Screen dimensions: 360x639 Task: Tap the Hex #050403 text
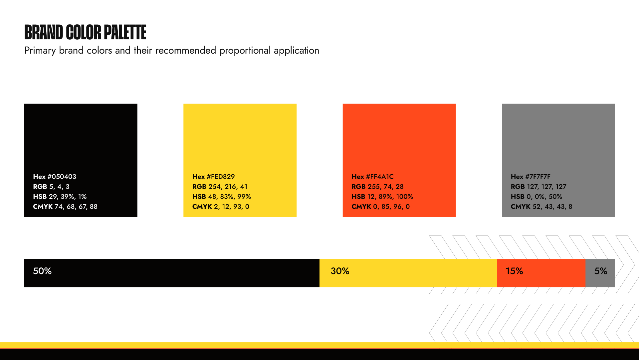click(55, 177)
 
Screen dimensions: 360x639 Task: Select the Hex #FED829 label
click(213, 177)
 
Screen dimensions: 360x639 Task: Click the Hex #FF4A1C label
click(372, 177)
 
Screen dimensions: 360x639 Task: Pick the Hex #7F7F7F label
click(531, 177)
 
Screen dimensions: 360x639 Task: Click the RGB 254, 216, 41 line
click(220, 186)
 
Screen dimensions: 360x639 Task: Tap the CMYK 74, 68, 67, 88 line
click(65, 206)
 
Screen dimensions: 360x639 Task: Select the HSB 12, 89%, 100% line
click(382, 196)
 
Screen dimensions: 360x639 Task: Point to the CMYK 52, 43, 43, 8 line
click(541, 206)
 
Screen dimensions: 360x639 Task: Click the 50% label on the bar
click(42, 271)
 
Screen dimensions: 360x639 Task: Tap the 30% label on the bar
click(340, 271)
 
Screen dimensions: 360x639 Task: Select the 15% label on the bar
click(514, 271)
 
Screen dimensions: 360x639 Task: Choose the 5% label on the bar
click(601, 271)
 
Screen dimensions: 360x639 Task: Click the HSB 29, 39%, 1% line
click(60, 196)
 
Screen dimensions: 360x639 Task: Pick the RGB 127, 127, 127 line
click(538, 186)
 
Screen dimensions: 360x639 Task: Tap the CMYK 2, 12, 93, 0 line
click(221, 206)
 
